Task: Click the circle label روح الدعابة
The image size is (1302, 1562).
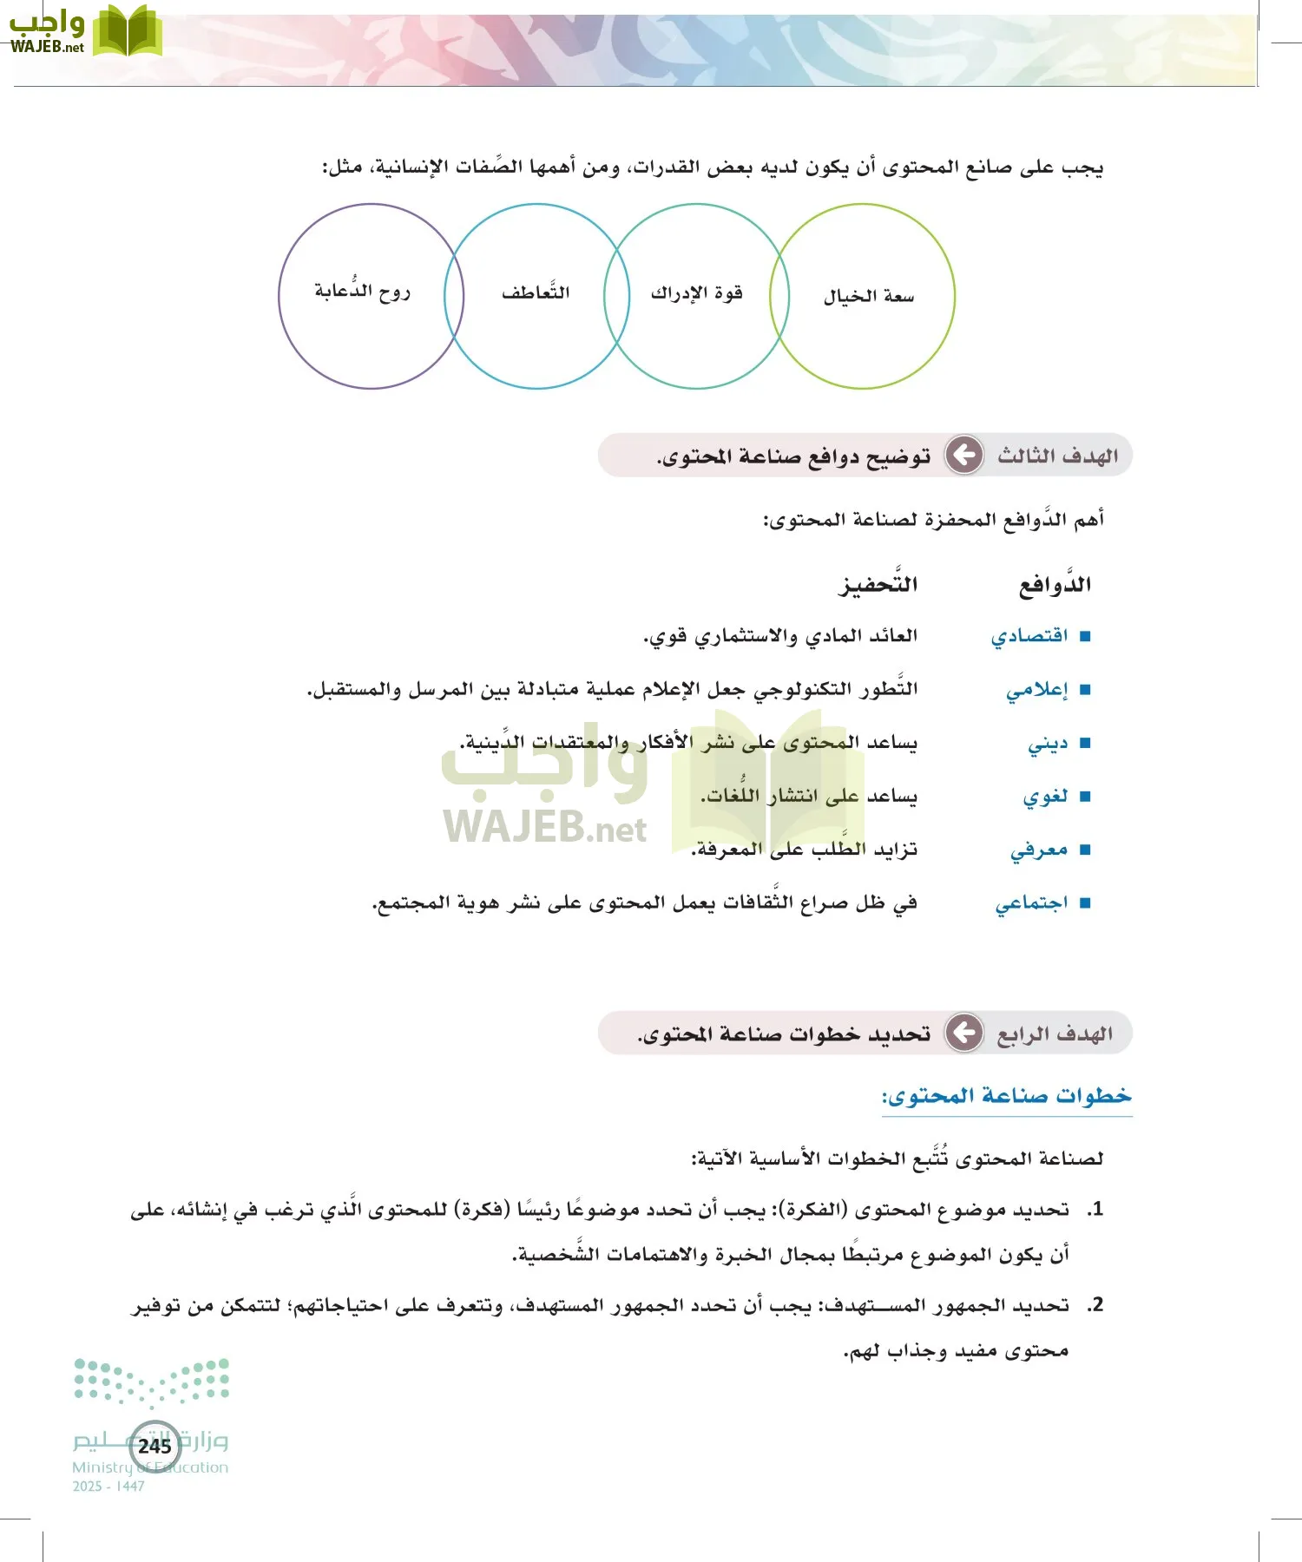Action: (x=362, y=292)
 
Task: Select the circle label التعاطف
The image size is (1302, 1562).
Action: (x=536, y=292)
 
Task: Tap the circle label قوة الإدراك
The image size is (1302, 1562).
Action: (x=697, y=293)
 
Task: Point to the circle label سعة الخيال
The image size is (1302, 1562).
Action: (x=869, y=297)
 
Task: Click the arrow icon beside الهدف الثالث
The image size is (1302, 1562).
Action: (x=963, y=455)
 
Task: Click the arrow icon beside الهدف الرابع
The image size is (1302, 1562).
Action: (x=963, y=1033)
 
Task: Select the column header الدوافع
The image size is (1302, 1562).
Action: (x=1055, y=585)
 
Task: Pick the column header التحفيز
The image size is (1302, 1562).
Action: (x=878, y=584)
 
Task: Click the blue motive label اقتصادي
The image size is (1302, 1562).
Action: (x=1029, y=637)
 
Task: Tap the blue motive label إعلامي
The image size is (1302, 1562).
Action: (x=1036, y=691)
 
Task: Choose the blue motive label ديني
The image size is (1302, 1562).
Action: (x=1048, y=745)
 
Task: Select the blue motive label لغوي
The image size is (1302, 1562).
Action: (x=1045, y=797)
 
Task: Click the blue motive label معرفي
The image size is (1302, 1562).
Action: (x=1039, y=850)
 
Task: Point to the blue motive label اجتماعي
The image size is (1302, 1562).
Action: (x=1031, y=904)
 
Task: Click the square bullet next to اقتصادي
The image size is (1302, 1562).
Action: (x=1084, y=637)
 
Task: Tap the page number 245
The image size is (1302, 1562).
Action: (x=155, y=1446)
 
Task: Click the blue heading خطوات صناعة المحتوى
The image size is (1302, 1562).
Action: (x=1007, y=1096)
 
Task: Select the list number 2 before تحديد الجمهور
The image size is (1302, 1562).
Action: (x=1096, y=1305)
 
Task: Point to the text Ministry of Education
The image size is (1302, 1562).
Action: (x=150, y=1467)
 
